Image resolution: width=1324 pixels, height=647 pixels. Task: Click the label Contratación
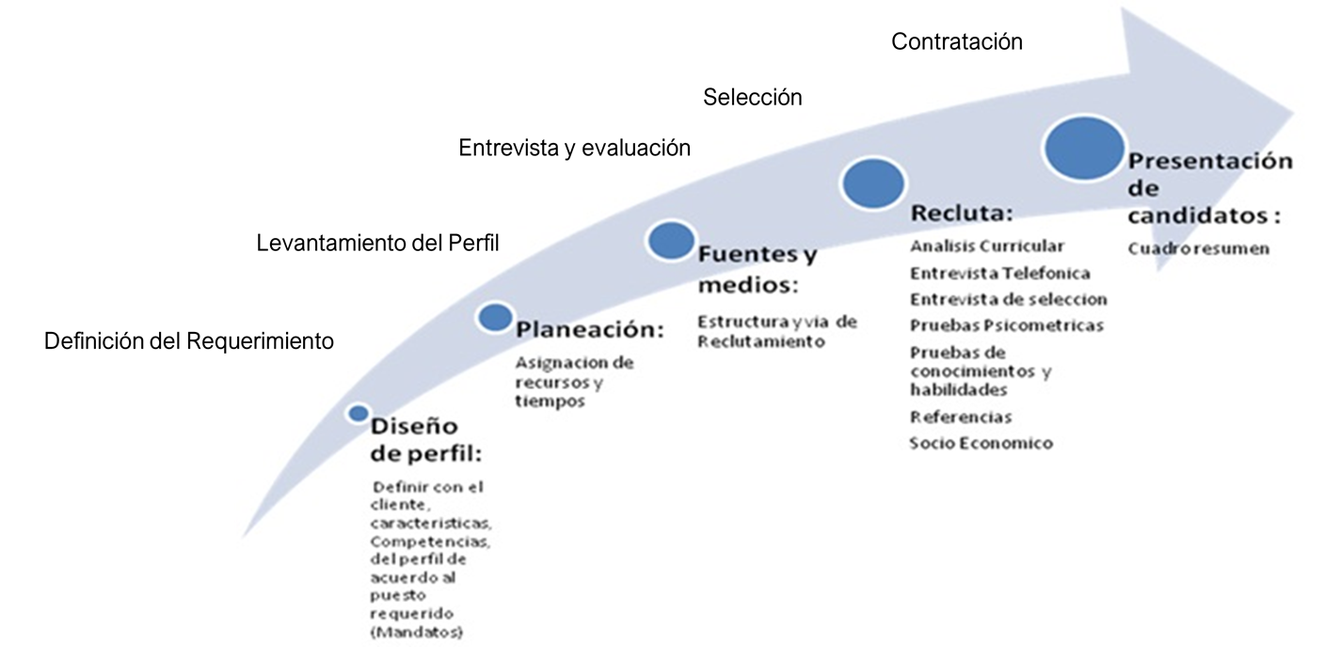pyautogui.click(x=956, y=42)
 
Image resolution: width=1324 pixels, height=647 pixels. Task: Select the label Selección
pyautogui.click(x=752, y=97)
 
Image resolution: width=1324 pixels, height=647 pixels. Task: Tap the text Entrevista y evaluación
pyautogui.click(x=574, y=148)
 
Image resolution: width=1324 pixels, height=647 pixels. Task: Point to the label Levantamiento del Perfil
pyautogui.click(x=377, y=243)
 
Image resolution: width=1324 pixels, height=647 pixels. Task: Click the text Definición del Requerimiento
pyautogui.click(x=189, y=340)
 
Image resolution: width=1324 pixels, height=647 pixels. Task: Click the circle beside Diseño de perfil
pyautogui.click(x=358, y=413)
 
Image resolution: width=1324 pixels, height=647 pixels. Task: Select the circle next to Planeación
pyautogui.click(x=495, y=317)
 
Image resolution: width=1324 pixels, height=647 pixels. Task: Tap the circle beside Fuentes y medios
pyautogui.click(x=670, y=240)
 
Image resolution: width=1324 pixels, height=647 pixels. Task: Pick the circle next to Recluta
pyautogui.click(x=873, y=183)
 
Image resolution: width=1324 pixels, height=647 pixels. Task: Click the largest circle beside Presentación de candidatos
pyautogui.click(x=1084, y=148)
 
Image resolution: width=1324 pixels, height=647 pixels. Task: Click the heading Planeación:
pyautogui.click(x=590, y=330)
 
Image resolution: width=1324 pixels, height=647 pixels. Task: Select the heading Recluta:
pyautogui.click(x=961, y=213)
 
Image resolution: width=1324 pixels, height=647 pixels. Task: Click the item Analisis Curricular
pyautogui.click(x=987, y=246)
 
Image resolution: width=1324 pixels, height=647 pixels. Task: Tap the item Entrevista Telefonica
pyautogui.click(x=999, y=274)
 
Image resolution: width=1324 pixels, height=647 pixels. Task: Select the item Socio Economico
pyautogui.click(x=981, y=443)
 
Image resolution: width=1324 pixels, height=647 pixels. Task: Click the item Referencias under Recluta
pyautogui.click(x=960, y=417)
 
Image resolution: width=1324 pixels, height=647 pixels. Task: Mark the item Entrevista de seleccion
pyautogui.click(x=1008, y=300)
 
